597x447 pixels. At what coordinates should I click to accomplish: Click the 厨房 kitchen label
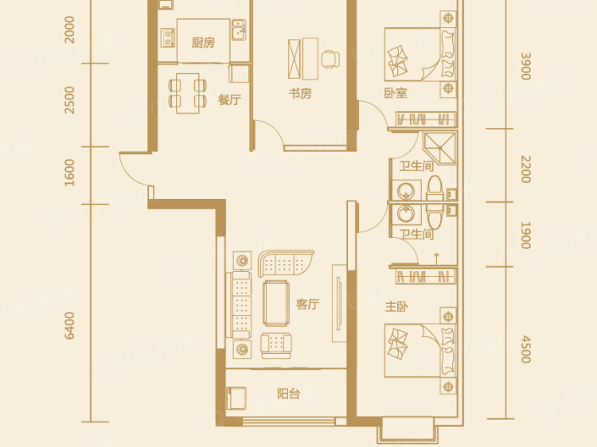pyautogui.click(x=203, y=43)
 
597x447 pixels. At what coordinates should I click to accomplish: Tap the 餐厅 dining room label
pyautogui.click(x=229, y=99)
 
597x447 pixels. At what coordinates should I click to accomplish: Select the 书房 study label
pyautogui.click(x=300, y=93)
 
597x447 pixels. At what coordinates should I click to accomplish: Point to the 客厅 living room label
pyautogui.click(x=307, y=305)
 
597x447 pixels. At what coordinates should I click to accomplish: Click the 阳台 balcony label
pyautogui.click(x=289, y=394)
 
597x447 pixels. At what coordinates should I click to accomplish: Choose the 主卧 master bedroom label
pyautogui.click(x=396, y=307)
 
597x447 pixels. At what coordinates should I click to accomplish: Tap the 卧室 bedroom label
pyautogui.click(x=396, y=93)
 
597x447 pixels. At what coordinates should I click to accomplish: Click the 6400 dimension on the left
pyautogui.click(x=70, y=325)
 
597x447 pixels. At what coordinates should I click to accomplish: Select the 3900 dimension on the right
pyautogui.click(x=525, y=66)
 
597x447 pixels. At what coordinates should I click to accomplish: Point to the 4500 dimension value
pyautogui.click(x=525, y=349)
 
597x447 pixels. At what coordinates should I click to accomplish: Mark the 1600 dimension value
pyautogui.click(x=70, y=173)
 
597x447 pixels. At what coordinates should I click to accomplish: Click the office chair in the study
pyautogui.click(x=330, y=59)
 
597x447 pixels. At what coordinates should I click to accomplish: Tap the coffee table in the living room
pyautogui.click(x=276, y=303)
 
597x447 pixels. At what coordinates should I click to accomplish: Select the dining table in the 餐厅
pyautogui.click(x=188, y=93)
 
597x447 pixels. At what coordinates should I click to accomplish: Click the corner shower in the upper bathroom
pyautogui.click(x=439, y=148)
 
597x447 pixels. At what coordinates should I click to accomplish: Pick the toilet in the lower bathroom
pyautogui.click(x=435, y=215)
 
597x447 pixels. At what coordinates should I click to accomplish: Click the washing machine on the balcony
pyautogui.click(x=236, y=398)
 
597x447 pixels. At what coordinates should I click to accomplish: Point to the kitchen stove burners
pyautogui.click(x=167, y=37)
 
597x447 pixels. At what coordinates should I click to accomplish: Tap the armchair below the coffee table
pyautogui.click(x=276, y=345)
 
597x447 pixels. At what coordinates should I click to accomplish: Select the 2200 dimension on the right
pyautogui.click(x=525, y=169)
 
